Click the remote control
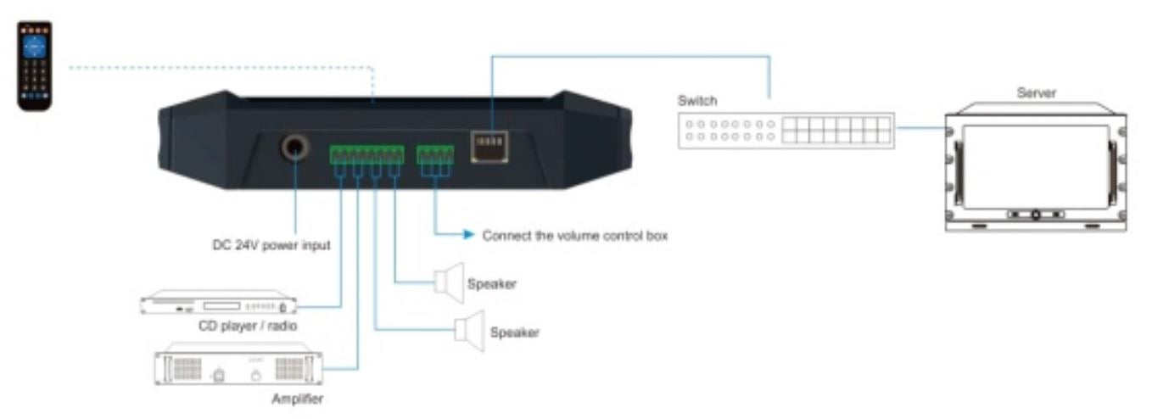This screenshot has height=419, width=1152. [x=35, y=66]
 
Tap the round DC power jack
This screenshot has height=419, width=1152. [x=294, y=148]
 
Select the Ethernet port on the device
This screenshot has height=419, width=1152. [x=489, y=147]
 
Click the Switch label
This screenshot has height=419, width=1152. [x=697, y=101]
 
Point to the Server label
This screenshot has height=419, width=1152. [x=1036, y=93]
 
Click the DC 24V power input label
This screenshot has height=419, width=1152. [x=271, y=245]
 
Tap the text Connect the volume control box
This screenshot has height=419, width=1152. [x=574, y=236]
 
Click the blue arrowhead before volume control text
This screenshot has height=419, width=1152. [x=468, y=234]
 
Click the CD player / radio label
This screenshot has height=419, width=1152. [x=248, y=326]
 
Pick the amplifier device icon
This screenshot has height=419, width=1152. [x=238, y=364]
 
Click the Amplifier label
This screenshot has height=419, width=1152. [x=297, y=399]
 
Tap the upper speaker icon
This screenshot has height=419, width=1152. [x=449, y=282]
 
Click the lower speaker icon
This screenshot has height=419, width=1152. [x=470, y=331]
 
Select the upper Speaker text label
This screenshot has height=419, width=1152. [x=492, y=284]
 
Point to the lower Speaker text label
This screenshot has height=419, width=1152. [x=515, y=332]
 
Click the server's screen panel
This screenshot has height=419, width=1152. [x=1036, y=166]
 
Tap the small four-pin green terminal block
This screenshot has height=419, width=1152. [x=435, y=154]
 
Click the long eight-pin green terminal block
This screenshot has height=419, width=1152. [x=367, y=154]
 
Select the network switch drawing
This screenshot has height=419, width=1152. [x=786, y=131]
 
